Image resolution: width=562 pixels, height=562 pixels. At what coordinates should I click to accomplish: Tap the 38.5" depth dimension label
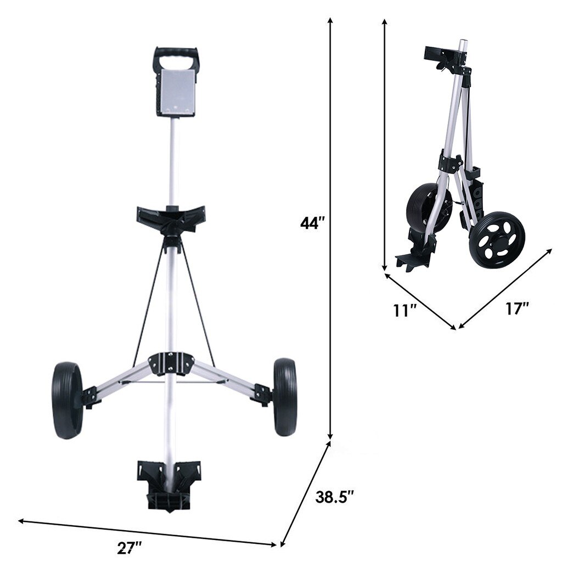[x=334, y=498]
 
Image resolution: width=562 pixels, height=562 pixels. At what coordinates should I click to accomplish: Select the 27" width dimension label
[x=130, y=548]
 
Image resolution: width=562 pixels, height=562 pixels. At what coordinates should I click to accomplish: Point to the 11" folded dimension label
[x=405, y=311]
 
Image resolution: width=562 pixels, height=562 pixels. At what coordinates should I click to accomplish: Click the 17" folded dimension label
[x=517, y=308]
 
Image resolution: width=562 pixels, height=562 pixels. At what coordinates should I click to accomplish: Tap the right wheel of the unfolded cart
[x=285, y=397]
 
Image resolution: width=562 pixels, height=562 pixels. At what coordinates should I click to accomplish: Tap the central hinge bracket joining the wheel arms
[x=172, y=362]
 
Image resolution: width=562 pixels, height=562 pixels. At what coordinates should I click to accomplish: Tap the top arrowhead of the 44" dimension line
[x=330, y=20]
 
